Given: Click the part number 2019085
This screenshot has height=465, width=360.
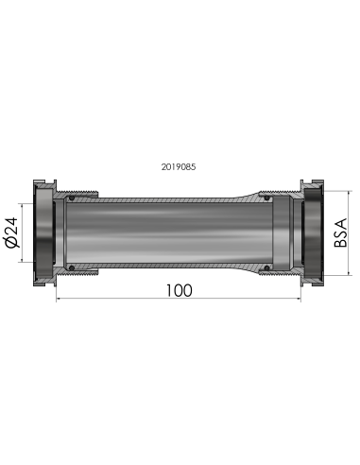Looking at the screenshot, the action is pyautogui.click(x=179, y=166).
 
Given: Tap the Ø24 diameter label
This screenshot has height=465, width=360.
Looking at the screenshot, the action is pyautogui.click(x=12, y=232).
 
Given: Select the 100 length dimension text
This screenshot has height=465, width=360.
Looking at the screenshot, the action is pyautogui.click(x=179, y=290).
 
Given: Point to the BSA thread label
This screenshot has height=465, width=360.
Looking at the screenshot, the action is pyautogui.click(x=340, y=232).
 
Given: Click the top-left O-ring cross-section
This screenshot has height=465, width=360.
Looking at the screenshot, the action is pyautogui.click(x=72, y=198).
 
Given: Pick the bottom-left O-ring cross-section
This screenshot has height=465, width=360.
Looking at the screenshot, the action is pyautogui.click(x=72, y=267).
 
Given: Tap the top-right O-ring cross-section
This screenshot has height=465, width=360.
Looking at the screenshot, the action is pyautogui.click(x=267, y=198).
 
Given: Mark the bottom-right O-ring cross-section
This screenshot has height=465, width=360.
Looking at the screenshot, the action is pyautogui.click(x=267, y=267).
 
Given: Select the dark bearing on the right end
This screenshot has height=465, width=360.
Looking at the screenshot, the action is pyautogui.click(x=312, y=232).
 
